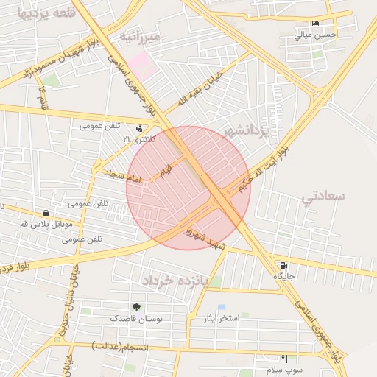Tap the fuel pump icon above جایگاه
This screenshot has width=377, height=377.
[x=283, y=265]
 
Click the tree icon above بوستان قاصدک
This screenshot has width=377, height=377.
[x=135, y=307]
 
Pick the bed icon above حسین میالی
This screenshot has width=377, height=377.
[x=315, y=24]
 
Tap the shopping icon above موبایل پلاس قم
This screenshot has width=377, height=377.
[x=46, y=213]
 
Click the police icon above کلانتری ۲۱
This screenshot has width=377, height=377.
[x=139, y=128]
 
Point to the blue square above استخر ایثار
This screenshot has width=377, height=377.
[x=221, y=308]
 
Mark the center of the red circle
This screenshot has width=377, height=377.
[x=188, y=188]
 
